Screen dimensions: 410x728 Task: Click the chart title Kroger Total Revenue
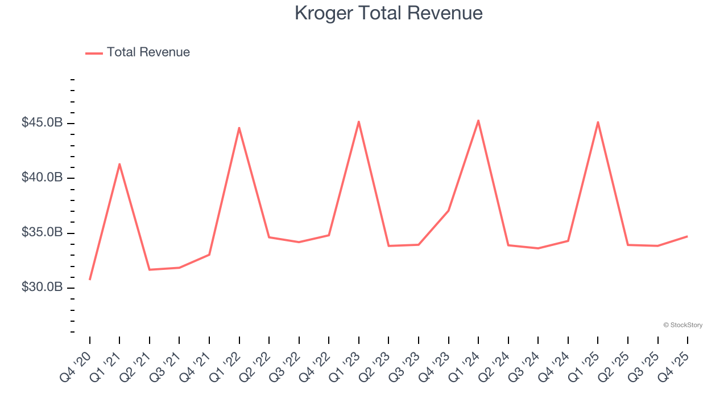[388, 13]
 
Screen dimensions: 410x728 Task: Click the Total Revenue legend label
[148, 52]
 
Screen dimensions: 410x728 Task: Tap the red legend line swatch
[94, 53]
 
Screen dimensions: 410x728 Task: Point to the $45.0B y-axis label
[42, 122]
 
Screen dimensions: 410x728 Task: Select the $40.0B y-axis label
[42, 178]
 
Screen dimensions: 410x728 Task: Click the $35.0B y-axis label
[42, 232]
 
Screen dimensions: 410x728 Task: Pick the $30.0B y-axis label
[42, 287]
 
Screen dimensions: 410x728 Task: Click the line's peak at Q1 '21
[119, 164]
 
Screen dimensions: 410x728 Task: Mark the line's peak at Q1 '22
[239, 128]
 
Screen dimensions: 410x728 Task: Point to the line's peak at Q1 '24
[478, 120]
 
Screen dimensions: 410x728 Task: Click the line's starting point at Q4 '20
[90, 280]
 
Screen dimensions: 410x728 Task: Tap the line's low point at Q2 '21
[150, 269]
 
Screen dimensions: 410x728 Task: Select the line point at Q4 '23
[448, 211]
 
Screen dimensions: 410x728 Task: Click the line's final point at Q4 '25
[687, 236]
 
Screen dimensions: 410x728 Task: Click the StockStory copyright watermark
[682, 325]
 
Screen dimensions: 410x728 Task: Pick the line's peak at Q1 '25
[598, 122]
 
